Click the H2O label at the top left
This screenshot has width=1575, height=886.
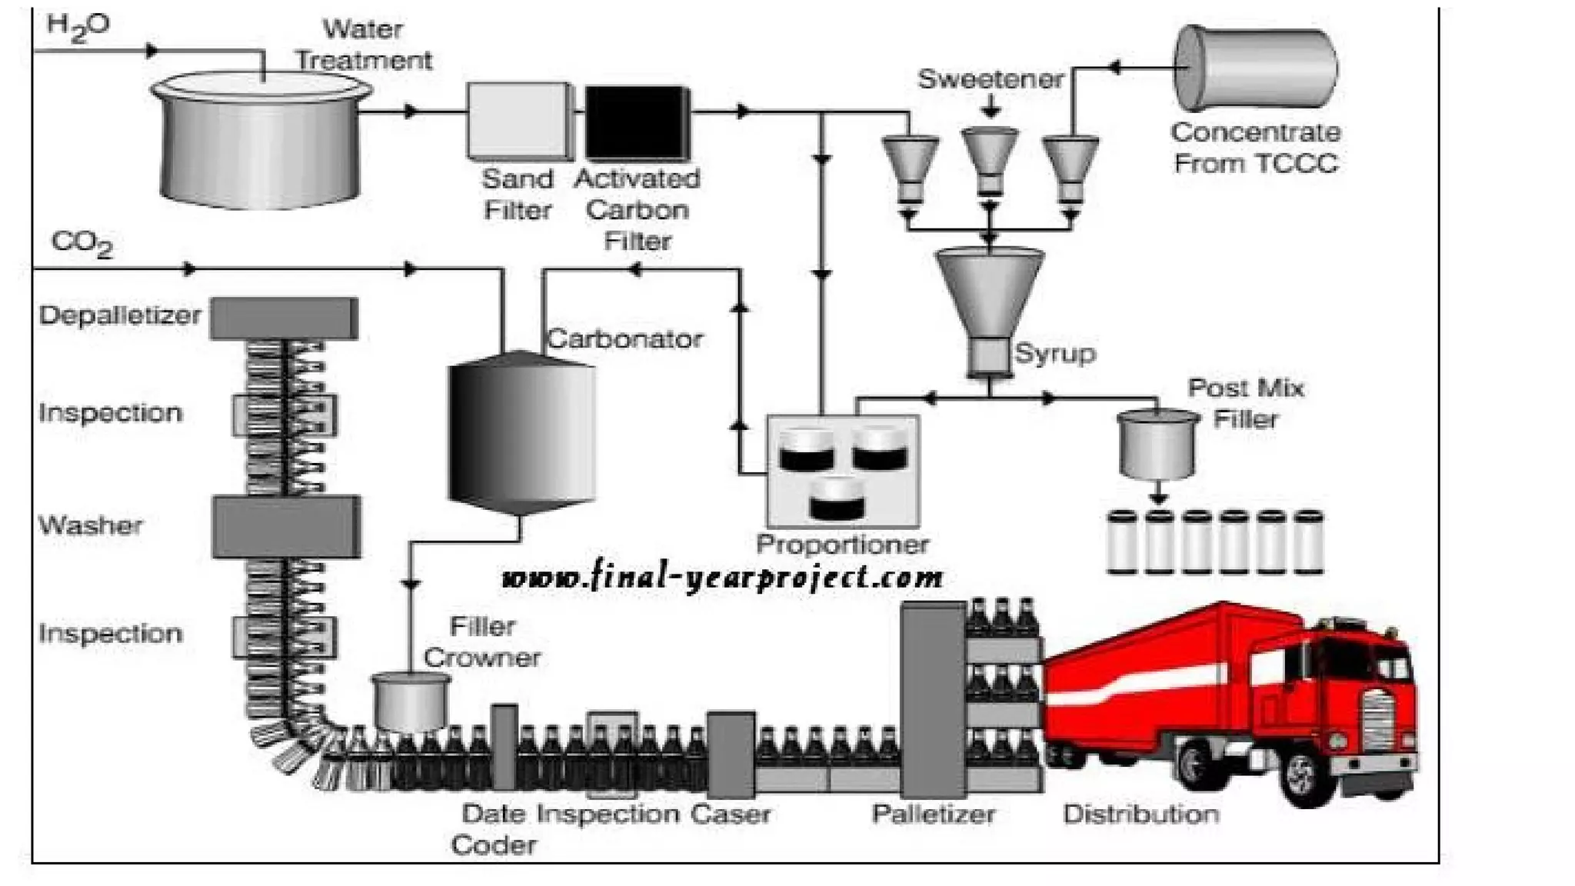pos(78,27)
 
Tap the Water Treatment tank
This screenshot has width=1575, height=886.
pos(260,146)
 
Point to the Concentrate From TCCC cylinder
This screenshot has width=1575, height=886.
pos(1255,68)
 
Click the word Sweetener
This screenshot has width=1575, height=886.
pos(991,78)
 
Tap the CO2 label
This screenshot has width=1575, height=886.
pos(82,243)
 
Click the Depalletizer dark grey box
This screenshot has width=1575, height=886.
pos(284,318)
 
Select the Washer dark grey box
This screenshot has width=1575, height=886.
pos(286,526)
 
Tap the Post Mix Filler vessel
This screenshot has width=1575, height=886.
pos(1157,445)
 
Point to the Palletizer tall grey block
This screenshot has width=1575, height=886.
pos(932,700)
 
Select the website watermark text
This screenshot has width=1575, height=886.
pos(721,577)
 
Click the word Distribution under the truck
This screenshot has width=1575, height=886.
pos(1140,814)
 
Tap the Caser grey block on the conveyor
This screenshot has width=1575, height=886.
pos(730,754)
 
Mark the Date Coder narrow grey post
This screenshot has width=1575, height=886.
pos(504,746)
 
